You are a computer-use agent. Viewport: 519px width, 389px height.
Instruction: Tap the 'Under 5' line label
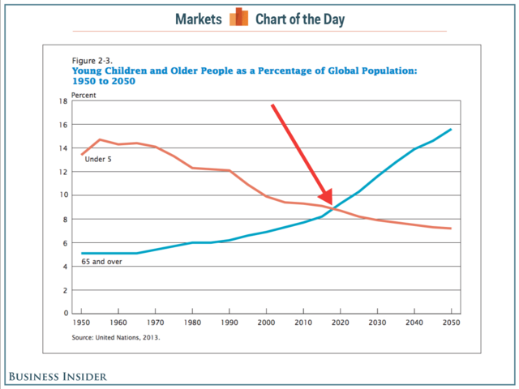pyautogui.click(x=98, y=158)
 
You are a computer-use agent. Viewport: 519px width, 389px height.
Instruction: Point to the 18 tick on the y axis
pyautogui.click(x=62, y=101)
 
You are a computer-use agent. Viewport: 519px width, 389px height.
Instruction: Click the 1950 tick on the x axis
pyautogui.click(x=82, y=322)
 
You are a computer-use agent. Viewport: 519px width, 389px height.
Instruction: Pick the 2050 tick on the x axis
pyautogui.click(x=451, y=322)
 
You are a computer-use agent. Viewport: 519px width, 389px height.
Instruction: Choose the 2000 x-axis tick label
pyautogui.click(x=266, y=322)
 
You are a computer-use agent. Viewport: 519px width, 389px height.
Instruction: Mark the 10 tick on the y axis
pyautogui.click(x=62, y=195)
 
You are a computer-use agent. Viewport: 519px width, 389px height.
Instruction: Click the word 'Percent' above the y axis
pyautogui.click(x=84, y=94)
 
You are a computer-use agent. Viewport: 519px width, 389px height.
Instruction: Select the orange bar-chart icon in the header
pyautogui.click(x=238, y=17)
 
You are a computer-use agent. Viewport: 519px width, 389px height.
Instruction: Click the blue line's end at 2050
pyautogui.click(x=451, y=130)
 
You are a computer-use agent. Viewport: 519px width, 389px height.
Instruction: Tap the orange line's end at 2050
pyautogui.click(x=451, y=229)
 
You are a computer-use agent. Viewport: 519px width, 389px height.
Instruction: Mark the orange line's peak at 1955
pyautogui.click(x=100, y=139)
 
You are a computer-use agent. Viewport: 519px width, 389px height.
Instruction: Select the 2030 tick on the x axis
pyautogui.click(x=377, y=322)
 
